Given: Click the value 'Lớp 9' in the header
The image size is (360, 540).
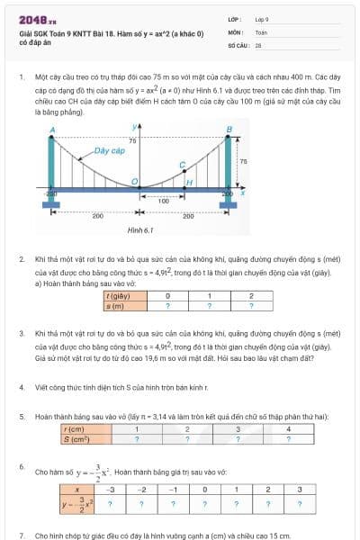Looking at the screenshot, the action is (x=262, y=18).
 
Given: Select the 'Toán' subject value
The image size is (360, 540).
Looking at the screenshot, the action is (x=261, y=31).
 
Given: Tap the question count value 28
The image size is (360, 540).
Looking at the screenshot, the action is (x=258, y=43).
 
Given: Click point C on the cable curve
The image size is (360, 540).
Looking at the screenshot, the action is (x=182, y=165).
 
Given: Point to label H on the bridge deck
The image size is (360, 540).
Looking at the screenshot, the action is (x=188, y=183).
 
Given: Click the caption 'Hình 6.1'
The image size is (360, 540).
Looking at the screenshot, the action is (x=139, y=231).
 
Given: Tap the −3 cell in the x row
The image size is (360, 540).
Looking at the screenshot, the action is (x=111, y=490).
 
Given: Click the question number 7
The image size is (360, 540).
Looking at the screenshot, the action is (x=22, y=535).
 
